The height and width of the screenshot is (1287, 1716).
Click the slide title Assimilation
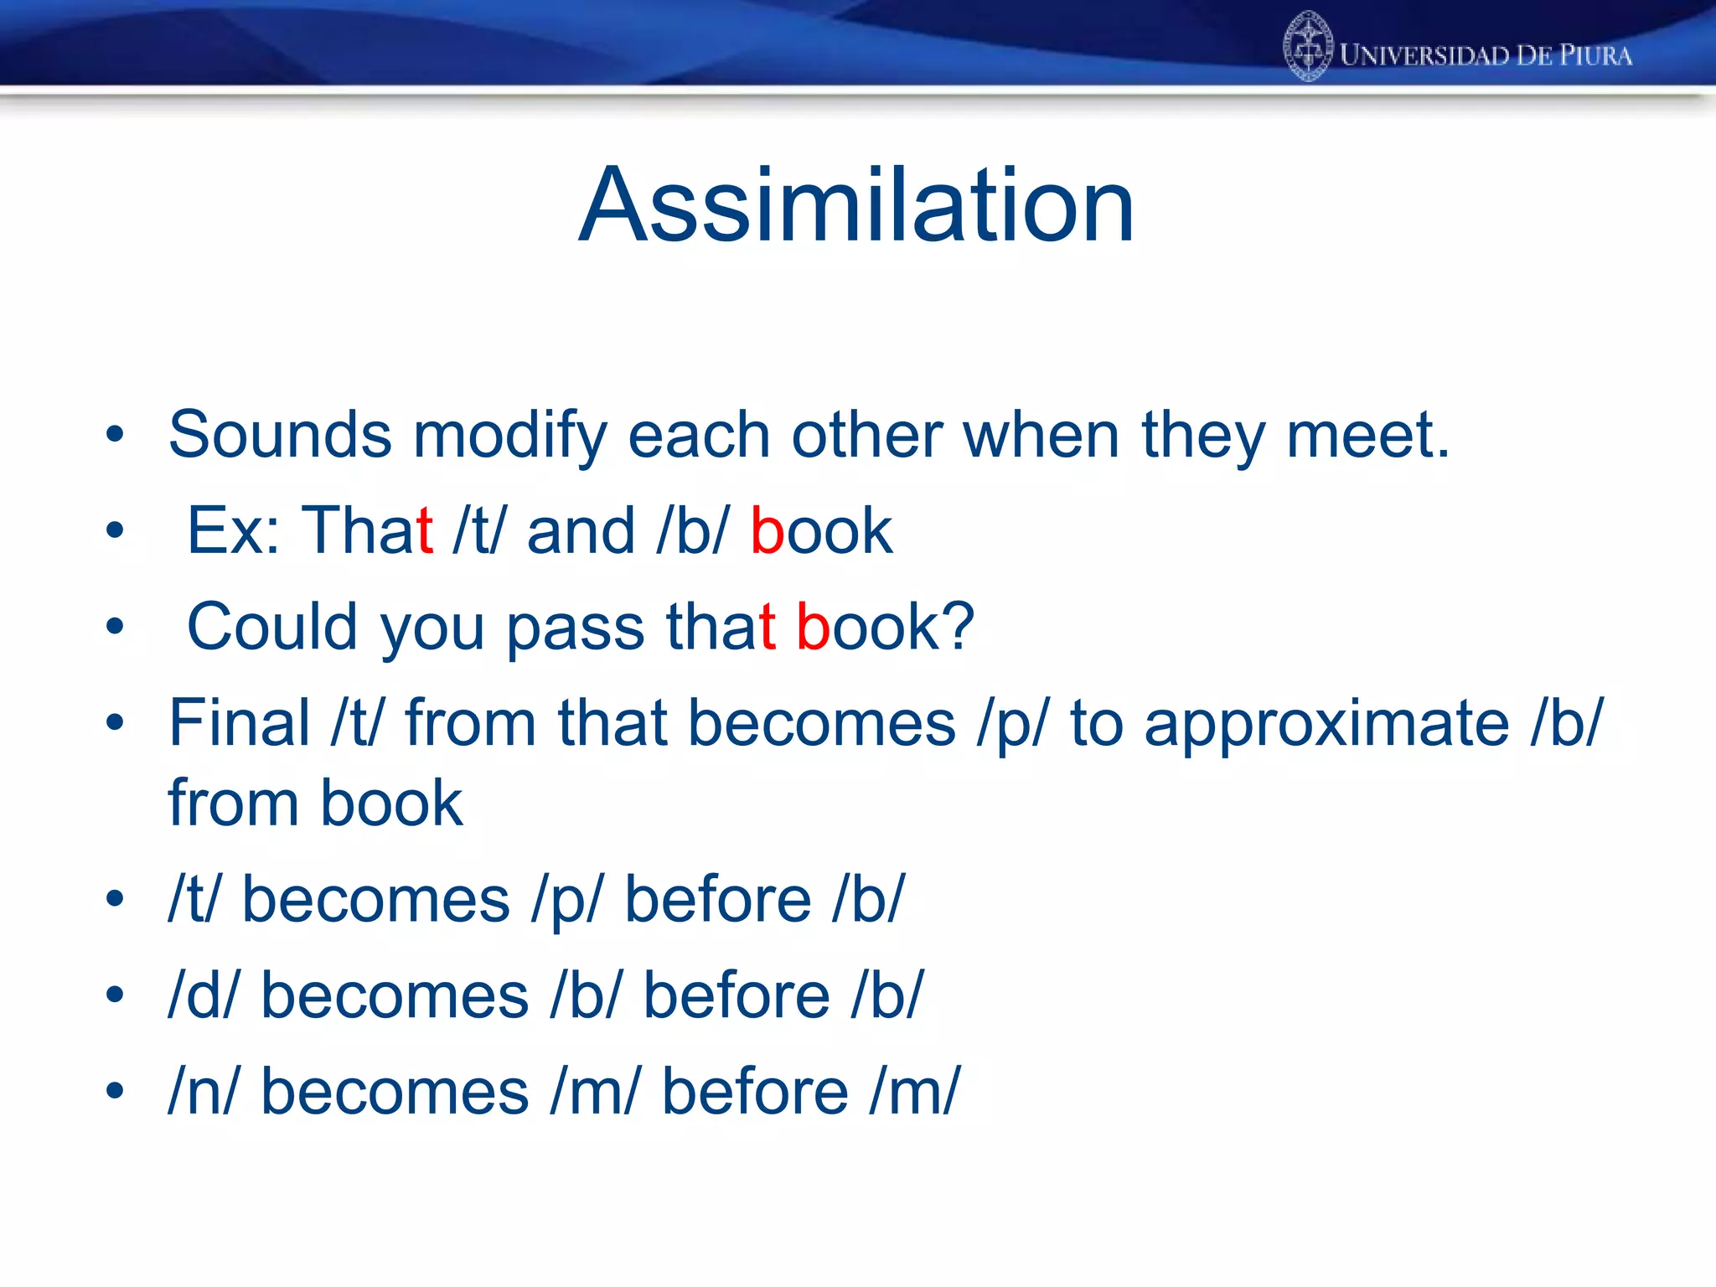pos(856,205)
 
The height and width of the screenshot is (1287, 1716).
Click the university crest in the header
pos(1307,47)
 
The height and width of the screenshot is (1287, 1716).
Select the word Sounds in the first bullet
pos(280,435)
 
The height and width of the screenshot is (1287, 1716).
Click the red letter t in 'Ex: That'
pos(424,531)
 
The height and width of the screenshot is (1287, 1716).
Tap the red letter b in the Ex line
pos(767,531)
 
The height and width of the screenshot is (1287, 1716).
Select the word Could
pos(271,627)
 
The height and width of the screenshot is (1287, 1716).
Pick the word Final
pos(240,722)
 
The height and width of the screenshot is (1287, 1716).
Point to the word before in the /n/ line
pos(755,1092)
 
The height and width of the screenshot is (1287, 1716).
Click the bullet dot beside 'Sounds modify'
pos(115,435)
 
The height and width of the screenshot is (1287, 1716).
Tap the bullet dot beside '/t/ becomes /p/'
pos(115,899)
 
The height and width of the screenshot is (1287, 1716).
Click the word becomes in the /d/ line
pos(395,995)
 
